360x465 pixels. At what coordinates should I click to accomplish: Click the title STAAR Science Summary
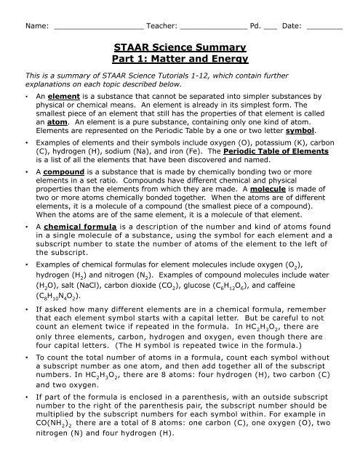180,51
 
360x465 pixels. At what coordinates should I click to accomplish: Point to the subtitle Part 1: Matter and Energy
180,64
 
